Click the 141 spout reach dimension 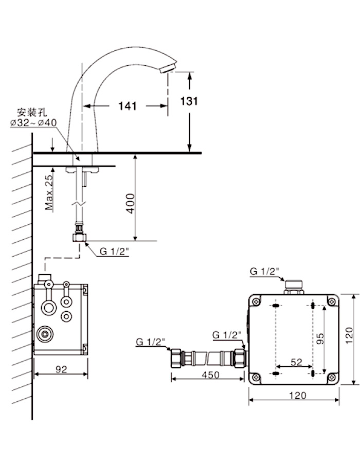pyautogui.click(x=128, y=106)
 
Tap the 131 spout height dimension pyautogui.click(x=189, y=101)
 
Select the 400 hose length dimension pyautogui.click(x=130, y=203)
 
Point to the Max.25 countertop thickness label pyautogui.click(x=49, y=192)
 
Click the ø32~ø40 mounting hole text pyautogui.click(x=33, y=122)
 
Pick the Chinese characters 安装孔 pyautogui.click(x=31, y=113)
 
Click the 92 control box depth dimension pyautogui.click(x=61, y=369)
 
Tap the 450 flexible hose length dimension pyautogui.click(x=211, y=375)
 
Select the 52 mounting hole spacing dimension pyautogui.click(x=297, y=362)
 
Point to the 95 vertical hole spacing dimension pyautogui.click(x=320, y=339)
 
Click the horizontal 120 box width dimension pyautogui.click(x=297, y=395)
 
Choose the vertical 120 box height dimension pyautogui.click(x=349, y=335)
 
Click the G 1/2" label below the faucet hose pyautogui.click(x=114, y=251)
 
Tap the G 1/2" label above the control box pyautogui.click(x=264, y=271)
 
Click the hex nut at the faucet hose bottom pyautogui.click(x=79, y=237)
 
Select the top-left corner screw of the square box pyautogui.click(x=256, y=301)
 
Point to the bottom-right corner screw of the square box pyautogui.click(x=332, y=378)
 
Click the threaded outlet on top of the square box pyautogui.click(x=294, y=287)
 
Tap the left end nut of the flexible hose pyautogui.click(x=176, y=358)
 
